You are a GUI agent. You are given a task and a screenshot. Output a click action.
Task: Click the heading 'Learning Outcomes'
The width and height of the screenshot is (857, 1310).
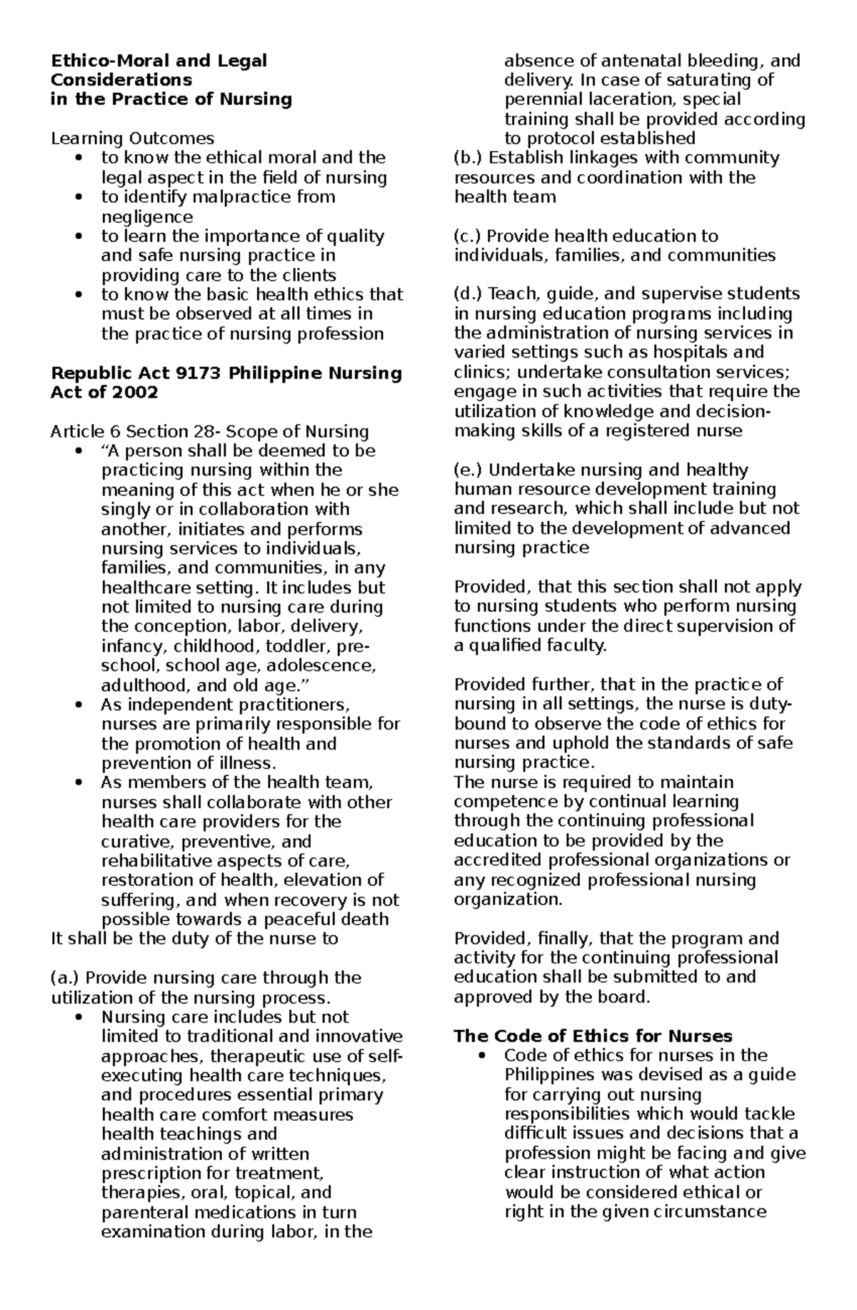point(132,138)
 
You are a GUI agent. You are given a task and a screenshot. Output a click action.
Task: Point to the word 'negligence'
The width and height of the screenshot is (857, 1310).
point(147,216)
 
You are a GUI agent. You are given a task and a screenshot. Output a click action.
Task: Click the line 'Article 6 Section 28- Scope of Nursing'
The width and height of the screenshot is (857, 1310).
point(209,431)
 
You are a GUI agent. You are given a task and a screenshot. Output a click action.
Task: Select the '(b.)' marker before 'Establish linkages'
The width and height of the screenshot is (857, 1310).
point(468,158)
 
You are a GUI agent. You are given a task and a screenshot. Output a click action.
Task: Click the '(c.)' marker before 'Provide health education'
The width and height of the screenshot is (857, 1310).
point(468,236)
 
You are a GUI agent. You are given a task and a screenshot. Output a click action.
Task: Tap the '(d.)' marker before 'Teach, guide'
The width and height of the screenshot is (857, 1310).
point(468,294)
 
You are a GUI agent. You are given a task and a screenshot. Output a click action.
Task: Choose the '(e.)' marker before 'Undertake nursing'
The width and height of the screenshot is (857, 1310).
point(468,470)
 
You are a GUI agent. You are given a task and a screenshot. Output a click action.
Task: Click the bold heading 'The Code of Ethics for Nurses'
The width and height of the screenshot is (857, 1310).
point(593,1037)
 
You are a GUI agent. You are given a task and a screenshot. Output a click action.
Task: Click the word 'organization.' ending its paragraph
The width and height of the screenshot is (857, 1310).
point(508,900)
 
